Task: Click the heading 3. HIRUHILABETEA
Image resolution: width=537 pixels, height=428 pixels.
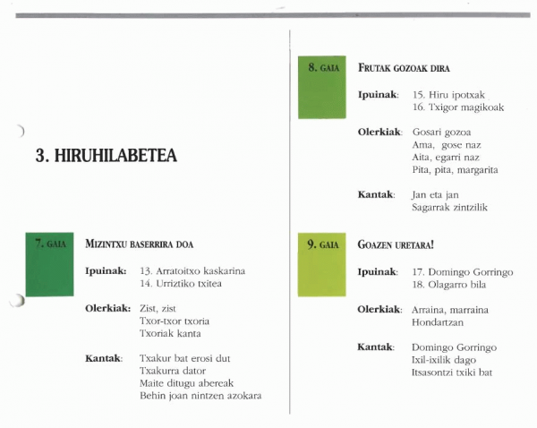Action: pos(106,157)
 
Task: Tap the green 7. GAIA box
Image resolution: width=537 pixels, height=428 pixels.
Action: pos(50,263)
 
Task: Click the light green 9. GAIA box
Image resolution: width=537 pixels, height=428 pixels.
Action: pos(322,266)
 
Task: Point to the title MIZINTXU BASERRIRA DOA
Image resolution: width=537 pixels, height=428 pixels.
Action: pos(139,244)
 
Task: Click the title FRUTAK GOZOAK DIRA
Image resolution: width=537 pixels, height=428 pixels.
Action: pos(404,68)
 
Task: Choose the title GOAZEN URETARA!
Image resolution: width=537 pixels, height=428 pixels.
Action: pos(396,244)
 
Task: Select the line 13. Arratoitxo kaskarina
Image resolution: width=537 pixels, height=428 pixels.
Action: pos(192,270)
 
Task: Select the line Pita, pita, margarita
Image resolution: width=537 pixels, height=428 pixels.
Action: pos(455,169)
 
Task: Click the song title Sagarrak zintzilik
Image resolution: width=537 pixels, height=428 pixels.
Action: pos(450,208)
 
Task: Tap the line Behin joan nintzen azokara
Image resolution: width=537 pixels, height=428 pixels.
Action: pos(207,396)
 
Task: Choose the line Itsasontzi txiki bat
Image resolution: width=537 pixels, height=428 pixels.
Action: pos(452,372)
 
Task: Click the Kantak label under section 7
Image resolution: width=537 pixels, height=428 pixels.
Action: pos(103,358)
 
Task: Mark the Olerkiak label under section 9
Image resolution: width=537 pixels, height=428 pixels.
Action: pos(379,309)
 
